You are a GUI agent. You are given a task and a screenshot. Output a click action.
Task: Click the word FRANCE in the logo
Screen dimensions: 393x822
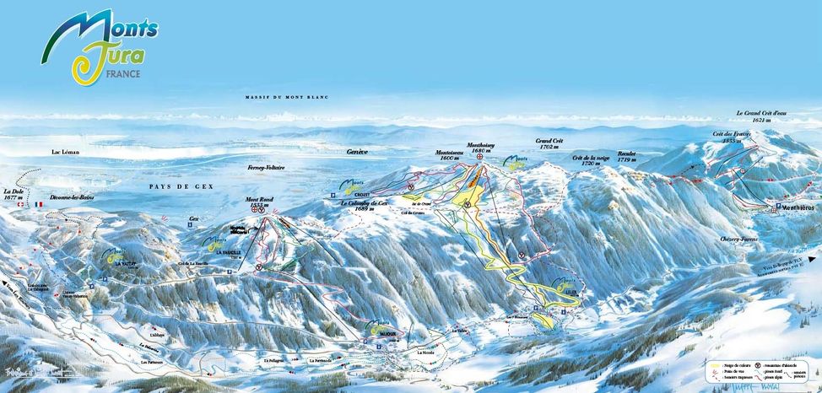pyautogui.click(x=123, y=73)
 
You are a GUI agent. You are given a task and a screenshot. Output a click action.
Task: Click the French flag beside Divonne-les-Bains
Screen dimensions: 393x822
pyautogui.click(x=39, y=203)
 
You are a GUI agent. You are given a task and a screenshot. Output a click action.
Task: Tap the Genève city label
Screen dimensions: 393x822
pyautogui.click(x=358, y=152)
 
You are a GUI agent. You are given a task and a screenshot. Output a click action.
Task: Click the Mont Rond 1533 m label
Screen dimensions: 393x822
pyautogui.click(x=258, y=203)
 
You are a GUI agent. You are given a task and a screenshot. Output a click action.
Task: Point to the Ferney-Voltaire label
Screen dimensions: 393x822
pyautogui.click(x=267, y=168)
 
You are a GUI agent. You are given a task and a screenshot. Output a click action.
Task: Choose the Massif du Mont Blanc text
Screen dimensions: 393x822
pyautogui.click(x=286, y=99)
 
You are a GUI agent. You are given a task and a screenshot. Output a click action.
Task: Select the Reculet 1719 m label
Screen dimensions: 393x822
pyautogui.click(x=626, y=156)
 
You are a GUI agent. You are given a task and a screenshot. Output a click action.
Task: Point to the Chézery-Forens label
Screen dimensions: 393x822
pyautogui.click(x=738, y=240)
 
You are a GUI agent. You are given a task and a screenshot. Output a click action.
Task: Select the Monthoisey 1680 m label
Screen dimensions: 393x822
pyautogui.click(x=483, y=147)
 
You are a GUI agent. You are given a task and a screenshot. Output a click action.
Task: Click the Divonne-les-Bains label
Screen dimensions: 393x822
pyautogui.click(x=70, y=203)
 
